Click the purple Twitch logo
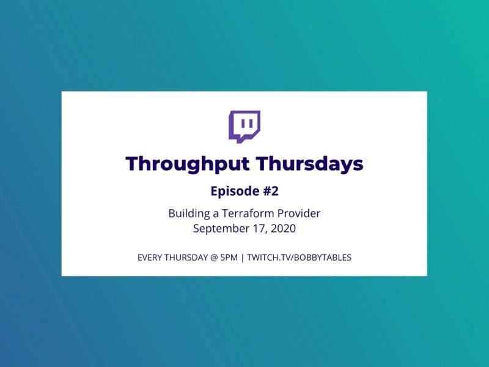tap(244, 127)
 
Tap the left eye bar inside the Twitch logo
tap(243, 124)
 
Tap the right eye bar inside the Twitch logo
tap(251, 124)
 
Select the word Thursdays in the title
tap(311, 164)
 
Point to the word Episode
tap(235, 191)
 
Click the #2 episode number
tap(271, 191)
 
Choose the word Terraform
tap(248, 213)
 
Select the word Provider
tap(299, 213)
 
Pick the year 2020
tap(283, 228)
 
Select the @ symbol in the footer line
tap(214, 258)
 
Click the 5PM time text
tap(229, 258)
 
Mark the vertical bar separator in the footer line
tap(243, 258)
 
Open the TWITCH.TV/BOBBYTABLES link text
tap(300, 258)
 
